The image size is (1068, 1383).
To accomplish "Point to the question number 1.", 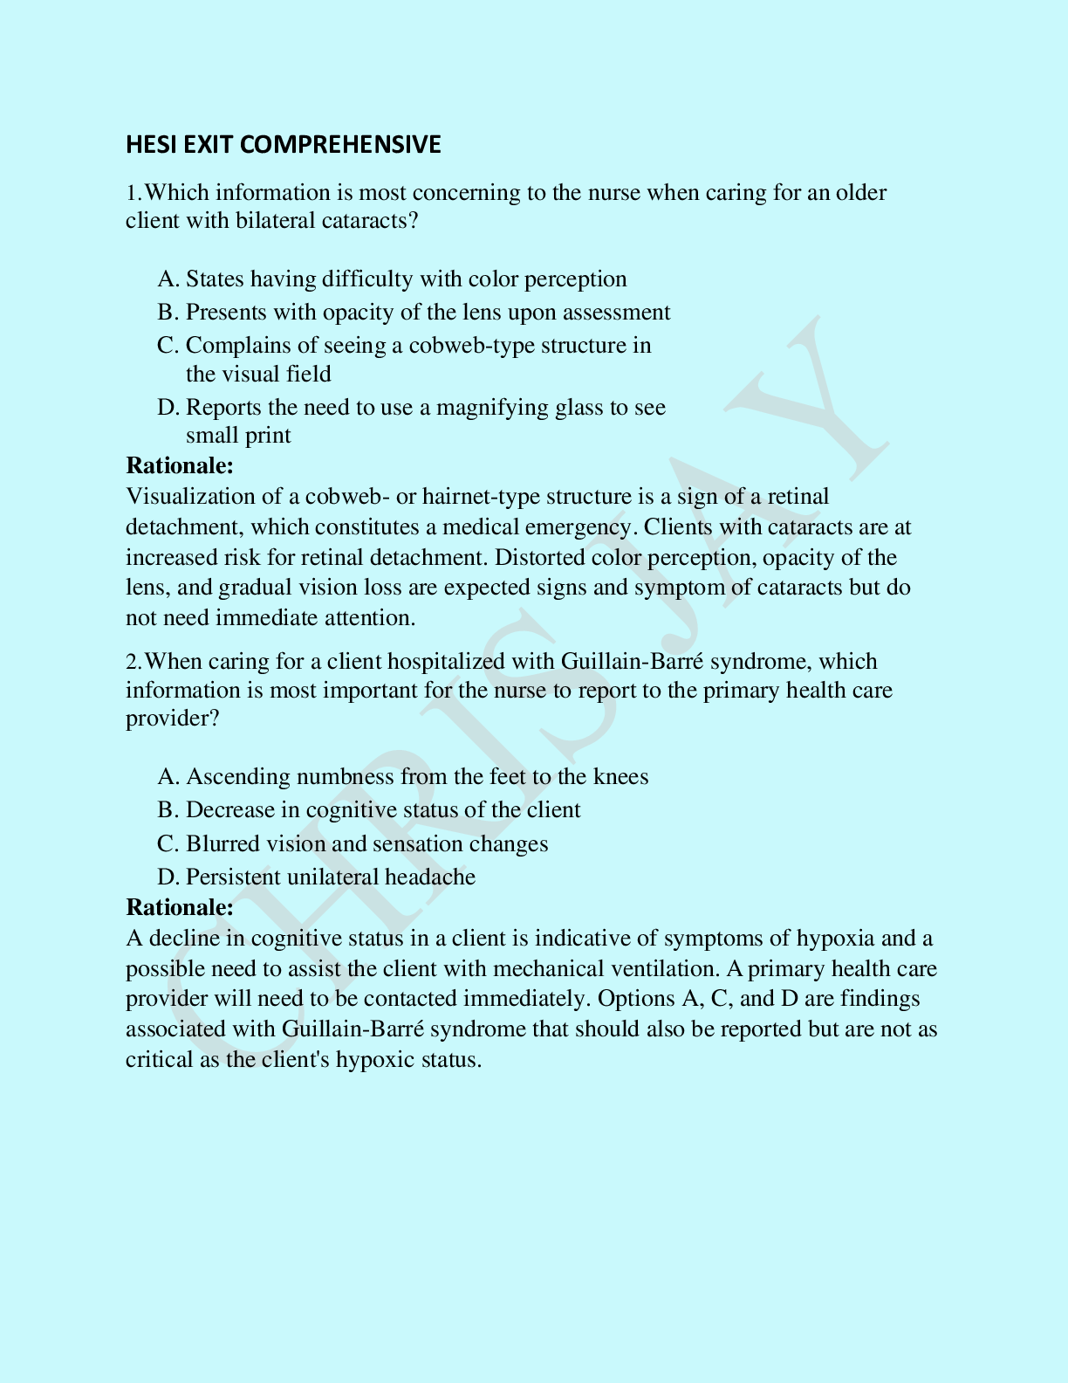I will click(x=133, y=193).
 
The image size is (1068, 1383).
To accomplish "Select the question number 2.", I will click(x=133, y=662).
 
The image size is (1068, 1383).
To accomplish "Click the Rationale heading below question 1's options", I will click(x=180, y=465).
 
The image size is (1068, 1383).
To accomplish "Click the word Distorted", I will click(x=539, y=558).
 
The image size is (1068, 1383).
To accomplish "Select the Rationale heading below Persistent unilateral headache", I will click(x=180, y=908).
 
